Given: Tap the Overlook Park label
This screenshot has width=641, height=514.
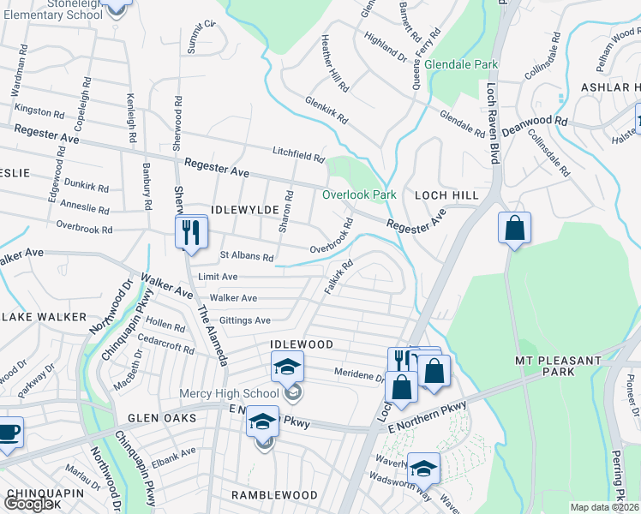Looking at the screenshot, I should [359, 194].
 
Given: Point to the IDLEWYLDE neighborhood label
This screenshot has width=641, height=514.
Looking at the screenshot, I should [242, 210].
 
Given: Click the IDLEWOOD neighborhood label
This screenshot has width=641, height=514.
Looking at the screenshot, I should [301, 344].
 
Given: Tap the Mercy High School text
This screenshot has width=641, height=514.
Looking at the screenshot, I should [230, 393].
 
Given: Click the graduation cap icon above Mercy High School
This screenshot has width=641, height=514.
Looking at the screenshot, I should [288, 368].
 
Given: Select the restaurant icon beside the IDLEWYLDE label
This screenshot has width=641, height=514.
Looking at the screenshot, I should [190, 231].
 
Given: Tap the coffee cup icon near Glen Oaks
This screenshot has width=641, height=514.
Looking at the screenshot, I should [9, 433].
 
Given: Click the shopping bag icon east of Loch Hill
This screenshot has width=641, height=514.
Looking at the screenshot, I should [515, 229].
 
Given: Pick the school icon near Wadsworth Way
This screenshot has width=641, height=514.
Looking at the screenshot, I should [422, 468].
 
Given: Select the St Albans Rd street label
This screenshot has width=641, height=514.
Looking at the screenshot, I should [247, 256].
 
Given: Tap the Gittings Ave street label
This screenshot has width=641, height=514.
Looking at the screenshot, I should [245, 320].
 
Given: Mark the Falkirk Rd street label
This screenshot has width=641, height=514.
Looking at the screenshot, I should [339, 278].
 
